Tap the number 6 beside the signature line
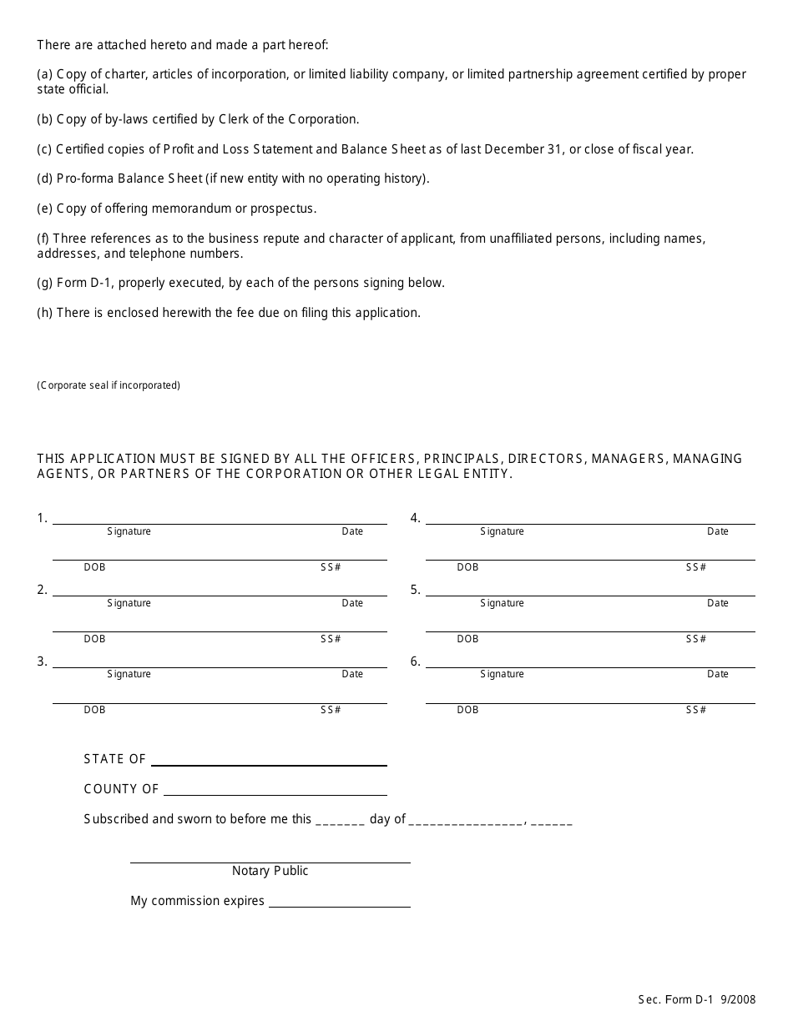pyautogui.click(x=415, y=661)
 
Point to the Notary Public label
pyautogui.click(x=270, y=871)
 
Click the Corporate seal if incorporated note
pyautogui.click(x=109, y=385)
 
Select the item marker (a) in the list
pyautogui.click(x=45, y=74)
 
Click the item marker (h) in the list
pyautogui.click(x=45, y=313)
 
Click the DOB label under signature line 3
pyautogui.click(x=94, y=710)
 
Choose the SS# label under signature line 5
pyautogui.click(x=696, y=639)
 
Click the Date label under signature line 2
pyautogui.click(x=352, y=603)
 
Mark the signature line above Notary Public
pyautogui.click(x=270, y=862)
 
